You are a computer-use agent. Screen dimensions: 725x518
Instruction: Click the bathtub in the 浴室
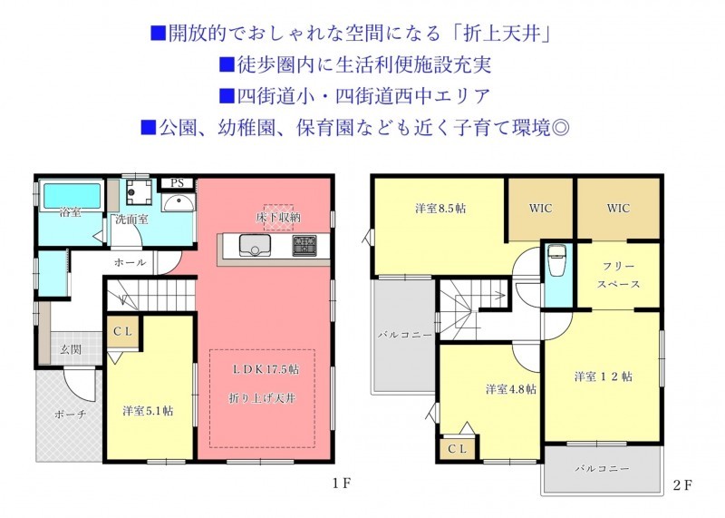tap(72, 195)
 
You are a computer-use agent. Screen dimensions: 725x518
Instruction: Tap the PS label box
tap(177, 183)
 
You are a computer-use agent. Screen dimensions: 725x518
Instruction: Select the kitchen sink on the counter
tap(255, 245)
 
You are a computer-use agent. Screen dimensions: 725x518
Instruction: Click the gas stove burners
tap(304, 245)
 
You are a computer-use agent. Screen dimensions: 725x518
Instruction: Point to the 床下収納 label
tap(278, 217)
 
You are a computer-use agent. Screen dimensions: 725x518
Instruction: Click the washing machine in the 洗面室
tap(140, 192)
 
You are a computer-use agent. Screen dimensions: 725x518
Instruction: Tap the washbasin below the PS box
tap(178, 203)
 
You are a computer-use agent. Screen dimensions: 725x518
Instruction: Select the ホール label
tap(130, 262)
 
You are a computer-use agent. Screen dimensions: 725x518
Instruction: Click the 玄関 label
tap(72, 349)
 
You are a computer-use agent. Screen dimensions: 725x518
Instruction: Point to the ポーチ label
tap(70, 414)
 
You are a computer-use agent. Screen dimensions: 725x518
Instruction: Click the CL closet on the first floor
tap(123, 331)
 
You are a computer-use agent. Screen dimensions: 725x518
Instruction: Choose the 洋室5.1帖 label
tap(148, 411)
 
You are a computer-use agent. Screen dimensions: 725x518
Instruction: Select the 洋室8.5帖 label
tap(440, 209)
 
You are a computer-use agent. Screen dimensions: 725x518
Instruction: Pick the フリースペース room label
tap(618, 275)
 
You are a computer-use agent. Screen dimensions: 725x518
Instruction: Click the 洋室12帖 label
tap(603, 376)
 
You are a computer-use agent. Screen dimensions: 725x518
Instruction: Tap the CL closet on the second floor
tap(458, 448)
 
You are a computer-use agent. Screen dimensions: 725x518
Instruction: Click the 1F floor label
tap(342, 484)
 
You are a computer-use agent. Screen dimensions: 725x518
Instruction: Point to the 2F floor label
tap(682, 485)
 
